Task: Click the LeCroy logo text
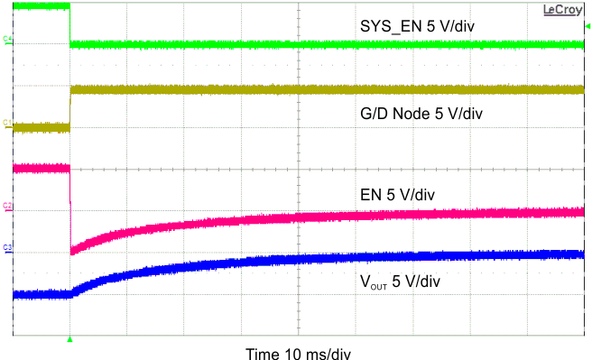(x=562, y=9)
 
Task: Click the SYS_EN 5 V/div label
(x=417, y=25)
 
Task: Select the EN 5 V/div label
(x=403, y=194)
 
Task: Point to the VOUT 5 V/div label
(x=399, y=281)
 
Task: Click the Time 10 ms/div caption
(x=298, y=353)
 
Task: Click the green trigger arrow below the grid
(x=69, y=340)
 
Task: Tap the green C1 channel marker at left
(x=6, y=40)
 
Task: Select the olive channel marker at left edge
(x=6, y=125)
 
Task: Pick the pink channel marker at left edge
(x=6, y=208)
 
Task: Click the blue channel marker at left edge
(x=6, y=248)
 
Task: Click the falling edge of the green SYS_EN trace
(x=70, y=25)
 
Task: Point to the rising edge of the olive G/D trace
(x=70, y=108)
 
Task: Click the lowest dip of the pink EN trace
(x=72, y=252)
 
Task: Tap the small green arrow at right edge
(x=587, y=25)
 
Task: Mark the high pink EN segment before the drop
(x=41, y=168)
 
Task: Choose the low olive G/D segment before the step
(x=41, y=127)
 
